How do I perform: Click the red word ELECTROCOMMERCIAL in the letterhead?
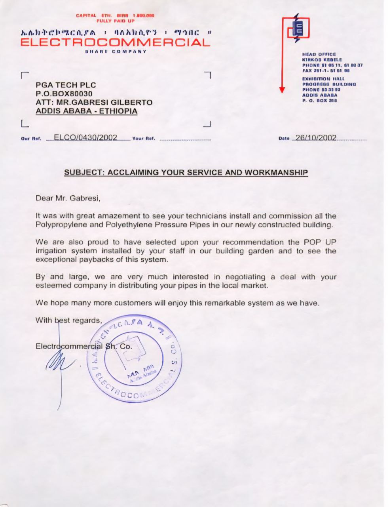tap(115, 42)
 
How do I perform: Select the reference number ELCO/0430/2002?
tap(85, 137)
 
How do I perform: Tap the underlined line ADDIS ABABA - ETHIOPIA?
tap(87, 111)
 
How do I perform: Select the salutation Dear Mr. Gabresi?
tap(68, 198)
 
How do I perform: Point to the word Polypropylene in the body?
tap(58, 225)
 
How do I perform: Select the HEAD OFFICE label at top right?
tap(319, 54)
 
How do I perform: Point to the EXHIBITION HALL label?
tap(323, 79)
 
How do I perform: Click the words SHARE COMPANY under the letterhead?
tap(116, 51)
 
